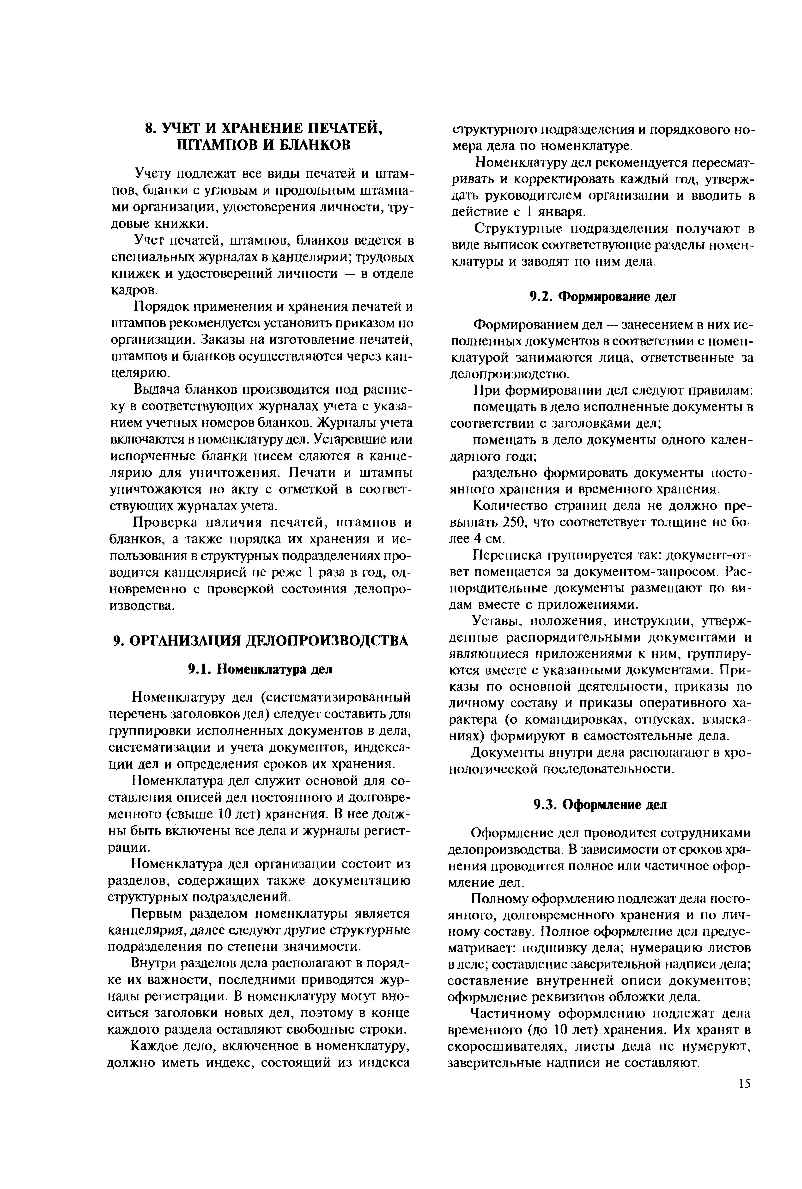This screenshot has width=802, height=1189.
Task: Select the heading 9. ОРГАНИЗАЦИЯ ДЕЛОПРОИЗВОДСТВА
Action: click(260, 641)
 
